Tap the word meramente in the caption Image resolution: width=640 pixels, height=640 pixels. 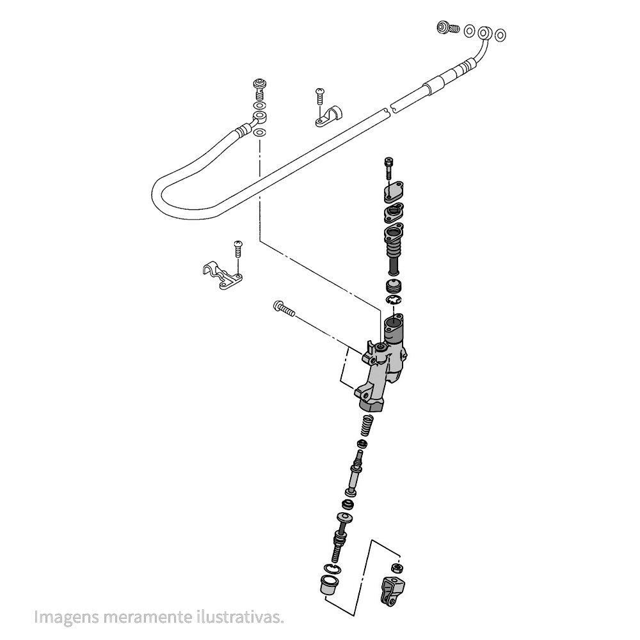click(x=147, y=617)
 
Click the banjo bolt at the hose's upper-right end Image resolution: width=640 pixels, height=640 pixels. click(x=448, y=28)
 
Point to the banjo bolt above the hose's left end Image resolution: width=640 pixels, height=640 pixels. click(x=260, y=90)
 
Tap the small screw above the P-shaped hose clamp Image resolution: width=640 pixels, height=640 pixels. click(x=320, y=96)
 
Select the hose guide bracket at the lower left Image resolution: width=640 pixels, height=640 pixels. click(x=222, y=275)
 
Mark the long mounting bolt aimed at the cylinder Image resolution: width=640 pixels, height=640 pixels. click(x=284, y=308)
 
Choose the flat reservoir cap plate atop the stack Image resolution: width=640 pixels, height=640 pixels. click(x=393, y=192)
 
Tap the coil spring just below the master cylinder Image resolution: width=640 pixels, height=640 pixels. click(x=368, y=425)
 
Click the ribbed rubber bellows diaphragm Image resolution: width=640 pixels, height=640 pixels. click(x=394, y=249)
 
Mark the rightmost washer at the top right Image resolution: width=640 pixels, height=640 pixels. click(x=500, y=35)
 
